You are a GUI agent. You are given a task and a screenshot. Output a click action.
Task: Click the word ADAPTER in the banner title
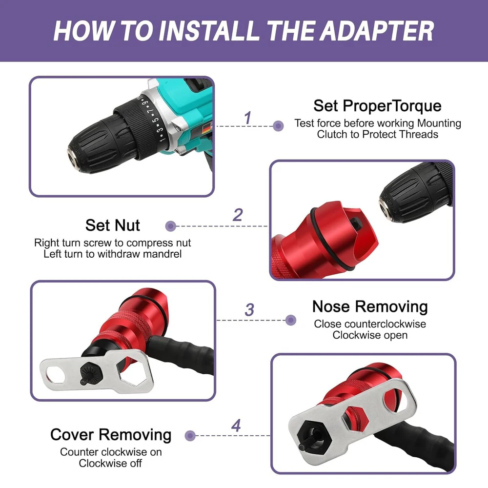point(377,31)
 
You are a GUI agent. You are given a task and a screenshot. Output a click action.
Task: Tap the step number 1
point(247,118)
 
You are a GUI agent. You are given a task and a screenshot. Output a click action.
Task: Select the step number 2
point(238,215)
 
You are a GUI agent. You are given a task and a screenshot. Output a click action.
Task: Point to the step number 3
point(249,310)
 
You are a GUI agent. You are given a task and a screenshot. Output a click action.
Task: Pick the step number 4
point(236,426)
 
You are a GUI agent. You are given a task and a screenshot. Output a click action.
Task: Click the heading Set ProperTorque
point(377,106)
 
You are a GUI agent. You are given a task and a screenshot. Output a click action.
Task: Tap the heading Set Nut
point(112,225)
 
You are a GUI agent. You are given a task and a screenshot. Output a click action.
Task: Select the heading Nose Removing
point(370,306)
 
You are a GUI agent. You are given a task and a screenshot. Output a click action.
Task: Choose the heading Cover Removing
point(111,434)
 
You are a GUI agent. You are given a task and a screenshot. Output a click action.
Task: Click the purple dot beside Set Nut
point(170,226)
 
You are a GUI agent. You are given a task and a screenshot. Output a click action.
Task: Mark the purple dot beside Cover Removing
point(190,436)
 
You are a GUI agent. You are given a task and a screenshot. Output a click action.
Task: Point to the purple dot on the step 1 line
point(278,126)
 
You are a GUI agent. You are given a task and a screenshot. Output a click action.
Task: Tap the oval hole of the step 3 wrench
point(56,375)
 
